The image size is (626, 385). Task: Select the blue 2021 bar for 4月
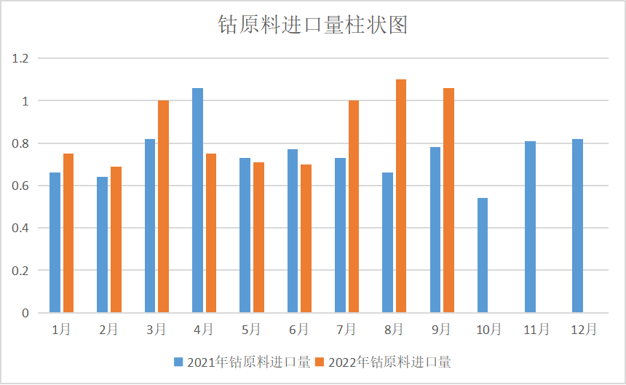[x=197, y=200]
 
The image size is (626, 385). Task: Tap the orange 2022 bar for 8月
[x=401, y=197]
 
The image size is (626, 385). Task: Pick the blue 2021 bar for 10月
[x=483, y=255]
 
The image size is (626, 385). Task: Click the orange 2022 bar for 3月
[x=163, y=207]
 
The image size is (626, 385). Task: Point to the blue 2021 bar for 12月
[x=577, y=226]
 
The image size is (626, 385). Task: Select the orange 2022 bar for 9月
[x=448, y=200]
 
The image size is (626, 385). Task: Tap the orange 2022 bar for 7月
[x=354, y=207]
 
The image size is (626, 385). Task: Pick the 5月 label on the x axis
[x=251, y=330]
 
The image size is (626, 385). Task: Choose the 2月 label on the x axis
[x=108, y=330]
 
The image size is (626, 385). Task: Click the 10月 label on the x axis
[x=488, y=330]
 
